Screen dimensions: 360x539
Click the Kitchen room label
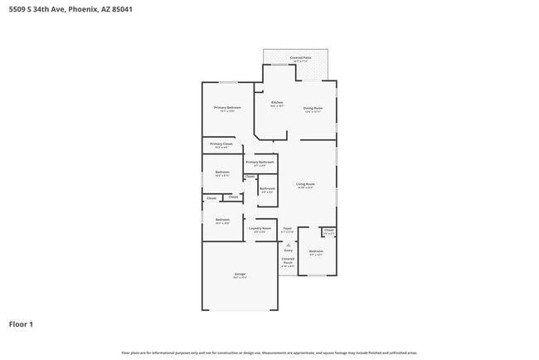point(277,103)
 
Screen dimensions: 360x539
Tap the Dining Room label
point(313,108)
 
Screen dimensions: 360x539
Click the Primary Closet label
point(221,144)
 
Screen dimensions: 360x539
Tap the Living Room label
point(305,184)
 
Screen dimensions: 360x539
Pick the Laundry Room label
point(260,228)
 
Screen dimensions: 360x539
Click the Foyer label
point(288,228)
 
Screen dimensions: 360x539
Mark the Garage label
point(240,275)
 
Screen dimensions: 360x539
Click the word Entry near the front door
point(289,250)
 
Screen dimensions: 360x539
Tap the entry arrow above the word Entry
point(289,245)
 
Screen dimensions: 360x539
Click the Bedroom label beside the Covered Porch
point(316,251)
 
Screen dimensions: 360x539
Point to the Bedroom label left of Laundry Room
point(222,220)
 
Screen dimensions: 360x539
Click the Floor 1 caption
point(21,324)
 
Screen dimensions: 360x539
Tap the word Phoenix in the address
point(80,9)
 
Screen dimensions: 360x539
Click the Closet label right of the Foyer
point(329,231)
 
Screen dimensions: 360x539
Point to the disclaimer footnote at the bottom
point(269,353)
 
